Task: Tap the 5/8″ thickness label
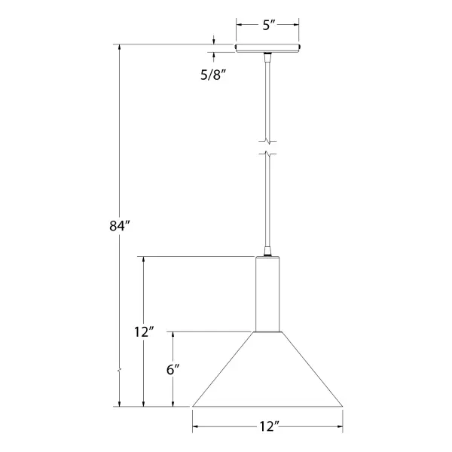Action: (212, 75)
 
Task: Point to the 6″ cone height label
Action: (173, 370)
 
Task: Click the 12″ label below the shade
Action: (270, 426)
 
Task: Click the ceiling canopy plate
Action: (267, 48)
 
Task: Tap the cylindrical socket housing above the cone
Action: (267, 294)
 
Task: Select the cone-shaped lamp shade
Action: (267, 369)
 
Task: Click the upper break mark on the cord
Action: (267, 142)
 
